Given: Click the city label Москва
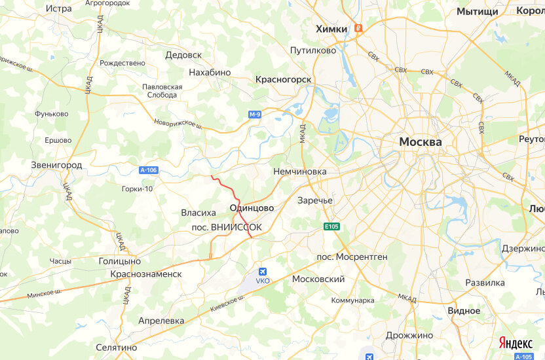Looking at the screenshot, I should click(x=421, y=141).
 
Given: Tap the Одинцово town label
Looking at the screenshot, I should click(x=252, y=207).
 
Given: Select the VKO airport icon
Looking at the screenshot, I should click(x=263, y=272).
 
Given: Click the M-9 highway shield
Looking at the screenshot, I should click(x=255, y=115).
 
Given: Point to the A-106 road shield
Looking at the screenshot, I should click(x=149, y=170).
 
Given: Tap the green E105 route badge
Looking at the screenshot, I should click(x=332, y=226).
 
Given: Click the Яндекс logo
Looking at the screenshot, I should click(x=516, y=342).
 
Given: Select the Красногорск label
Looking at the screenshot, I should click(x=283, y=79).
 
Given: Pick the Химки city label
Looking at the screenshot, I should click(x=331, y=29).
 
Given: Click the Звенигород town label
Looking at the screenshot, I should click(x=56, y=165).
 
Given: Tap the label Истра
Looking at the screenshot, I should click(x=59, y=9).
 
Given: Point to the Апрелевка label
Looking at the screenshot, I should click(x=161, y=321).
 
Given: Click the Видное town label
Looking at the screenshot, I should click(x=464, y=310).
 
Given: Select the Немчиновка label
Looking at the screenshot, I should click(x=299, y=171).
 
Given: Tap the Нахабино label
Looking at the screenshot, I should click(x=210, y=72).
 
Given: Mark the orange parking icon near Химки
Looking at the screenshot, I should click(x=358, y=28).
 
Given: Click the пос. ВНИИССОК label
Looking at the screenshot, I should click(x=225, y=227).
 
